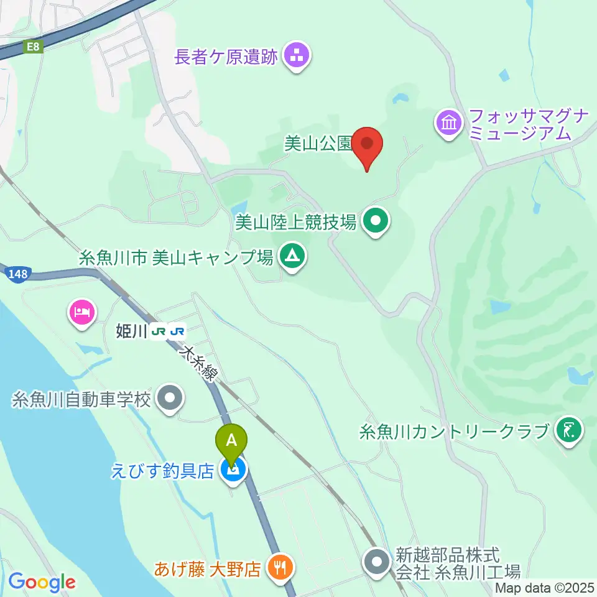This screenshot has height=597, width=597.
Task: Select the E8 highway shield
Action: [x=33, y=47]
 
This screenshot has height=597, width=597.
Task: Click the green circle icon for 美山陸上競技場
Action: [x=376, y=221]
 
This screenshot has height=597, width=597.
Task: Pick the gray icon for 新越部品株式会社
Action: [x=377, y=562]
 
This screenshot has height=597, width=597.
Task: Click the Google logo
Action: [x=42, y=582]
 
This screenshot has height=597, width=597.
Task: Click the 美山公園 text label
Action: [x=318, y=144]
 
